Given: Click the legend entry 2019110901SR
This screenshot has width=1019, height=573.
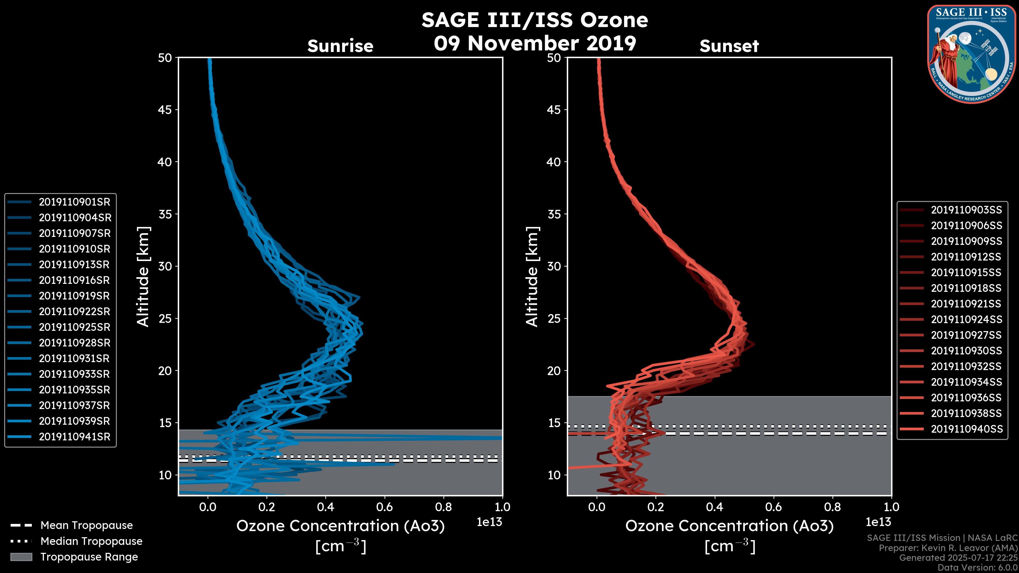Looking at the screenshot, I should (x=74, y=202).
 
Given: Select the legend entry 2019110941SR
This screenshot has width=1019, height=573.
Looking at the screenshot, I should (x=74, y=437).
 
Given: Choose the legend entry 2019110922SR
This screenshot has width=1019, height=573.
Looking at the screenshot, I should (x=74, y=312).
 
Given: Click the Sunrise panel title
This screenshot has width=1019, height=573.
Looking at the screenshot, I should (x=340, y=46).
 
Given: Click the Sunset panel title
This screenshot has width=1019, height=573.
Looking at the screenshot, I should (x=729, y=46).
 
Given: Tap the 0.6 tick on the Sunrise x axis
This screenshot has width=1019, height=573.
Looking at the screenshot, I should (x=385, y=507).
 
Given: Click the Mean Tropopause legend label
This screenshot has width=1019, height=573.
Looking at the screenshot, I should (x=86, y=526).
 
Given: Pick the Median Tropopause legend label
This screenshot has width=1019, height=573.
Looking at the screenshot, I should (x=91, y=541).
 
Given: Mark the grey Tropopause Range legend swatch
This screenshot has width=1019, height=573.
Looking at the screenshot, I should (x=21, y=557).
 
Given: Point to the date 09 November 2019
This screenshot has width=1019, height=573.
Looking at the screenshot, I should (x=534, y=44).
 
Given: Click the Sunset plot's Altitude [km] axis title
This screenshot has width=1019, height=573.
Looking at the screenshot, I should (x=532, y=277).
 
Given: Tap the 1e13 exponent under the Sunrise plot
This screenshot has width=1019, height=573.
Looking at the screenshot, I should (x=489, y=522).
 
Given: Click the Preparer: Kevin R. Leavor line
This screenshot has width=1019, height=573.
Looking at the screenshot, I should (x=948, y=548).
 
